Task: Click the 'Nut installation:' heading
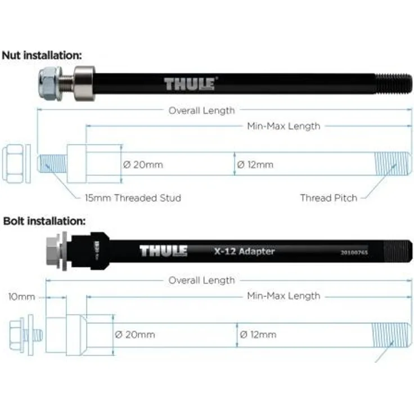pos(42,55)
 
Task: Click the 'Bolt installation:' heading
pos(44,220)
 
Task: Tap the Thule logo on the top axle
pos(190,84)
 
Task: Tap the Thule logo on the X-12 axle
pos(164,251)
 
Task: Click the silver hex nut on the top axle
pos(51,83)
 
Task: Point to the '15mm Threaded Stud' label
pos(133,197)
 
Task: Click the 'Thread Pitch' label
pos(328,197)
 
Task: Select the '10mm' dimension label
pos(21,296)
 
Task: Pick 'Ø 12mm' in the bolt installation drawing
pos(258,334)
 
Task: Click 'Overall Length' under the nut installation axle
pos(201,111)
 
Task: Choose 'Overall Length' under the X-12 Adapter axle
pos(201,280)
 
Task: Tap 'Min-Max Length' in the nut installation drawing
pos(283,127)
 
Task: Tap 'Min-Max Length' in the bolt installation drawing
pos(283,296)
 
